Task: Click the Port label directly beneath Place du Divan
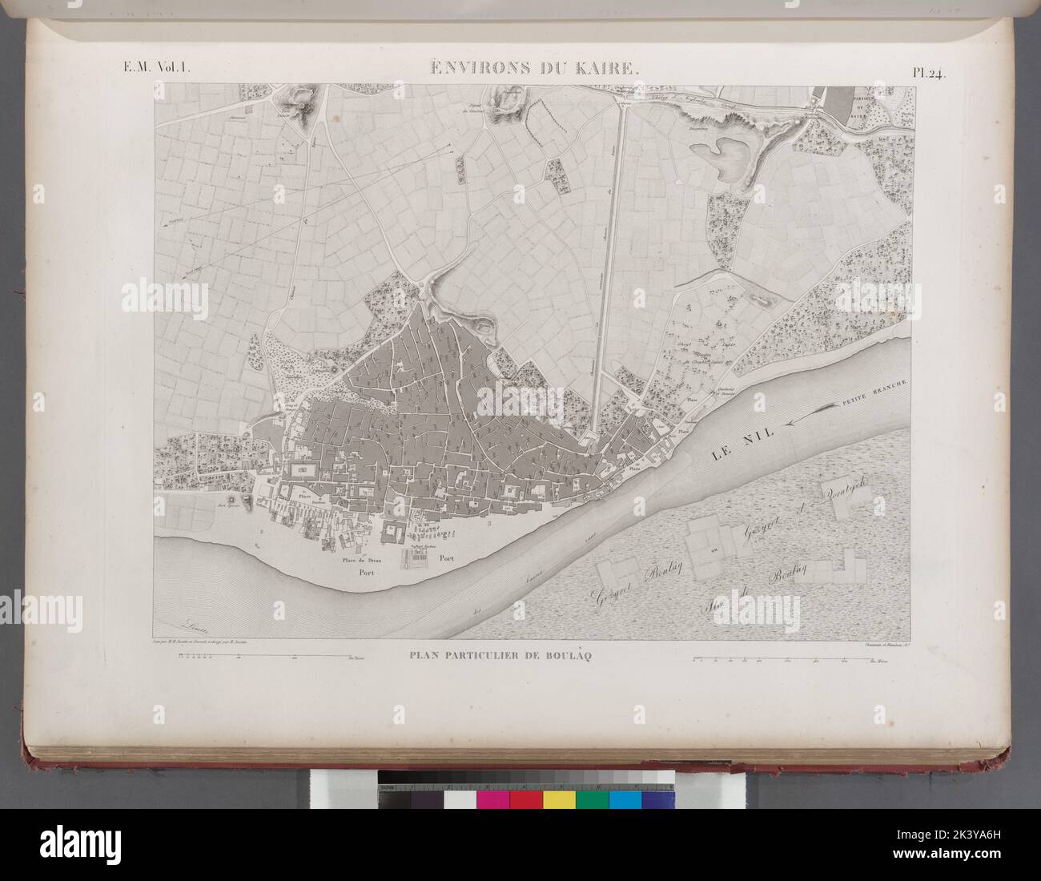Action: point(367,574)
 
